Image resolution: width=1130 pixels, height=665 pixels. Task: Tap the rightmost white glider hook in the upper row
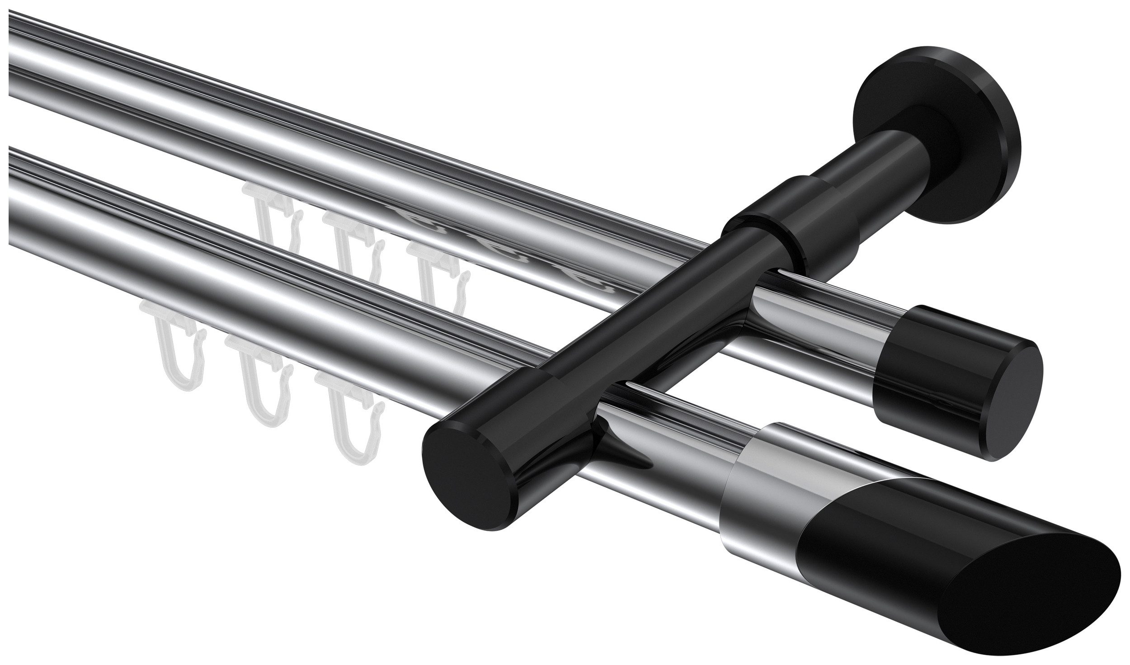point(434,271)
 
